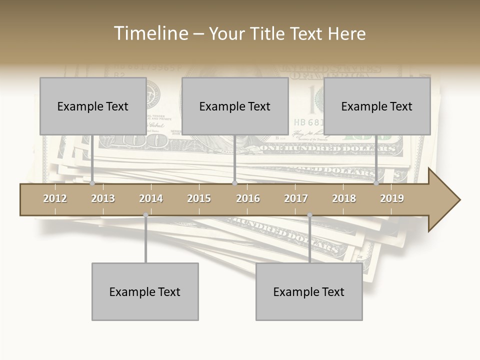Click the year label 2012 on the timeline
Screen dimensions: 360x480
click(55, 198)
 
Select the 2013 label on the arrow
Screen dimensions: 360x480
click(103, 198)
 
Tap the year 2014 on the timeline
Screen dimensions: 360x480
click(151, 198)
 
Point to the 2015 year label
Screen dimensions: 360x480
click(199, 198)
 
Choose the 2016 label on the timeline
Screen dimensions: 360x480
click(248, 198)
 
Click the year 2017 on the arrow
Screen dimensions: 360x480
click(296, 198)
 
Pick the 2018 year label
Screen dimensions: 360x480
click(344, 198)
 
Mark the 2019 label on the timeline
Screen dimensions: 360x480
click(392, 198)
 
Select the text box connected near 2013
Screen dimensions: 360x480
click(93, 106)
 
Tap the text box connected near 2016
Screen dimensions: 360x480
click(235, 106)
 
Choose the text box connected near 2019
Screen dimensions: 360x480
click(377, 106)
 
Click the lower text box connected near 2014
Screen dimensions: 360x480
click(145, 291)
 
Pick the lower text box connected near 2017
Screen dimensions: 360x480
click(309, 291)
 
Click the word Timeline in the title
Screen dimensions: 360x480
click(150, 33)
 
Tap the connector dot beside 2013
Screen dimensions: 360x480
click(92, 183)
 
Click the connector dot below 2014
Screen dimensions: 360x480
click(145, 215)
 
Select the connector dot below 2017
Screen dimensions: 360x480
click(309, 215)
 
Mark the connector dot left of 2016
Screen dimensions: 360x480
click(234, 183)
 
